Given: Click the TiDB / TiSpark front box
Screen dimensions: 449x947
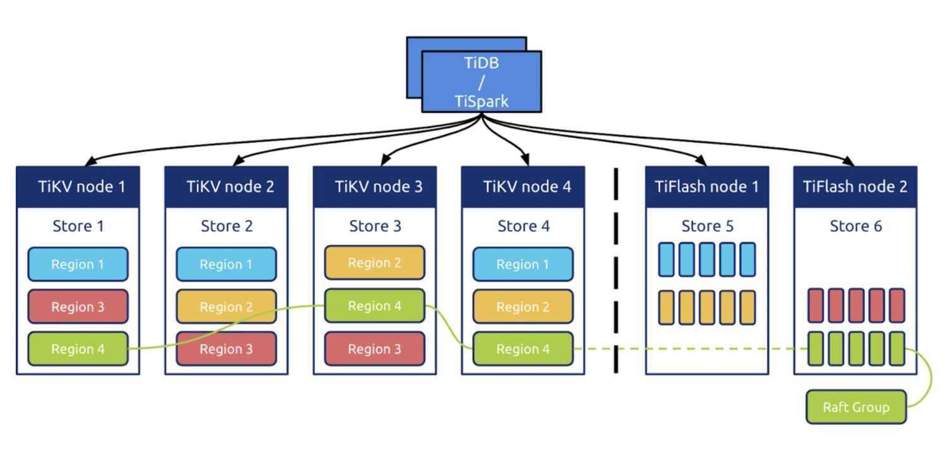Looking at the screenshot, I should tap(481, 81).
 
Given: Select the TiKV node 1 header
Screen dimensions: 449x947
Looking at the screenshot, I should tap(78, 187).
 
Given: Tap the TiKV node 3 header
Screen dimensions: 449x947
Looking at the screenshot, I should tap(375, 187).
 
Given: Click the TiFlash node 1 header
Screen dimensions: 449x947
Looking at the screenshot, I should tap(707, 187).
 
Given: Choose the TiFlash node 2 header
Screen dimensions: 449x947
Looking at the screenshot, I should tap(855, 187).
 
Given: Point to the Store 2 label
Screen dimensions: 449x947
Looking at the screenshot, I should tap(227, 226).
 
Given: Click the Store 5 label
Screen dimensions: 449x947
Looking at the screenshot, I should tap(707, 226).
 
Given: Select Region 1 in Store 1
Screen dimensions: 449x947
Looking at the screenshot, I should tap(78, 264).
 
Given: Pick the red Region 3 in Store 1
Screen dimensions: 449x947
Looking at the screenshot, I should tap(78, 307).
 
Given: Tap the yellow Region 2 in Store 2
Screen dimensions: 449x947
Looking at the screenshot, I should tap(226, 307).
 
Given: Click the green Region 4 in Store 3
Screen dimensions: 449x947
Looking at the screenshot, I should tap(374, 306).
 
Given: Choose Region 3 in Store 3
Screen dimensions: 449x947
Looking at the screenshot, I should tap(374, 349).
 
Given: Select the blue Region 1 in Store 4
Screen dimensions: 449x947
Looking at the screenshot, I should tap(523, 264).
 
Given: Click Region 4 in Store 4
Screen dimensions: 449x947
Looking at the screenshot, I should tap(523, 349).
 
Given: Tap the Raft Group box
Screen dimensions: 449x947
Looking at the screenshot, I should tap(856, 407).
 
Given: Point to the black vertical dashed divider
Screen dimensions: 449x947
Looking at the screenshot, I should tap(616, 271).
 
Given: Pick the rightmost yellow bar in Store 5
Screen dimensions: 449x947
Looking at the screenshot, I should tap(747, 307).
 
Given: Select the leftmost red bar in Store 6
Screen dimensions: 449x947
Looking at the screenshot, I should tap(816, 305).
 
